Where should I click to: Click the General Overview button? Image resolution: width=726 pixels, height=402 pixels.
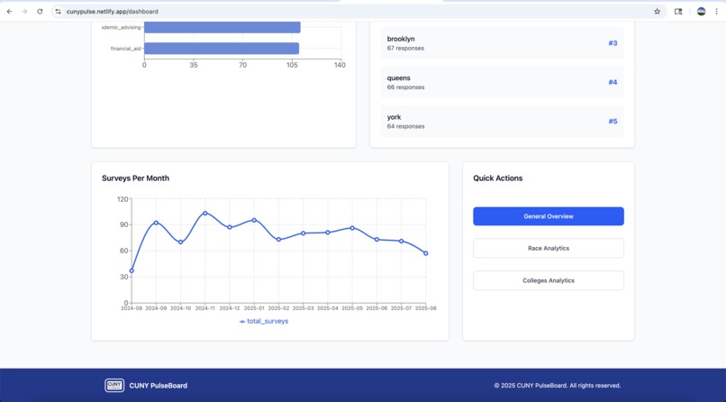point(548,216)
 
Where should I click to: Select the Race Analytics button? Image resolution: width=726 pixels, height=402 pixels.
point(548,248)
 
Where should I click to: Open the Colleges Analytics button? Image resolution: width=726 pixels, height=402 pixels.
point(548,280)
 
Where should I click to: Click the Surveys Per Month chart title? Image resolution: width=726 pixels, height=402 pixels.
point(135,178)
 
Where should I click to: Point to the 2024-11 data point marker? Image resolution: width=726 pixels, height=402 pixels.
point(205,214)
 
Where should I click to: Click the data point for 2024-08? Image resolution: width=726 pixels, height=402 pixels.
point(132,270)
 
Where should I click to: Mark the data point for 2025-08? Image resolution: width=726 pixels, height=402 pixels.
point(426,253)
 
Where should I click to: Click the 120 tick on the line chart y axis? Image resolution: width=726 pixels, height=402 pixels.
point(123,198)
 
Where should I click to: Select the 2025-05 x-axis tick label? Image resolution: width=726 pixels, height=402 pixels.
point(352,308)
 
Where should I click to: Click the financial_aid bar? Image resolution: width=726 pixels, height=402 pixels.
point(222,49)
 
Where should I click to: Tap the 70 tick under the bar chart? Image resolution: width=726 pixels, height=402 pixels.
point(243,65)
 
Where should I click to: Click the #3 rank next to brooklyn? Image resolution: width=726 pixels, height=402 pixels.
point(613,43)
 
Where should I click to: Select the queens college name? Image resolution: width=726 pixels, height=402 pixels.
point(398,78)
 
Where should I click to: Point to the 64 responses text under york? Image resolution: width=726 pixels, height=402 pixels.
point(405,126)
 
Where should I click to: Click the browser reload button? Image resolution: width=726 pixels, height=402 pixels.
point(40,12)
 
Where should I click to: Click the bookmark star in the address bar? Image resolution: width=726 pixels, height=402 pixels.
point(657,12)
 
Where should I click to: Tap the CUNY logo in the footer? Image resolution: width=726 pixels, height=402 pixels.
point(114,385)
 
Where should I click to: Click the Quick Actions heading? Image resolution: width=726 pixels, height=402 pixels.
point(498,178)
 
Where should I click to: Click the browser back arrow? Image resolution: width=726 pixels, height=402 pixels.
point(9,12)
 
